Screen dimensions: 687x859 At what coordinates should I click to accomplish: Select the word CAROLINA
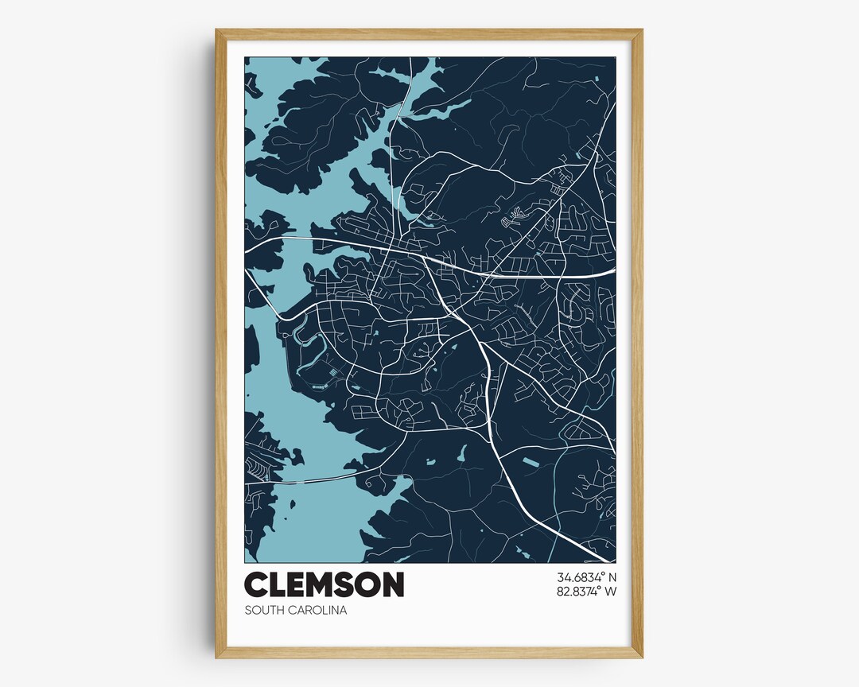click(318, 611)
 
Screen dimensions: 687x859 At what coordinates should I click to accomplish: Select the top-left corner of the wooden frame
click(217, 31)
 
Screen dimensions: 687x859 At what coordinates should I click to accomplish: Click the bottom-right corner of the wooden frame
click(641, 657)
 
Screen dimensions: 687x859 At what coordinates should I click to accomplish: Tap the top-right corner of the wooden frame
click(641, 31)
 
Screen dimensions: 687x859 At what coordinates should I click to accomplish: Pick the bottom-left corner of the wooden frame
click(217, 657)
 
